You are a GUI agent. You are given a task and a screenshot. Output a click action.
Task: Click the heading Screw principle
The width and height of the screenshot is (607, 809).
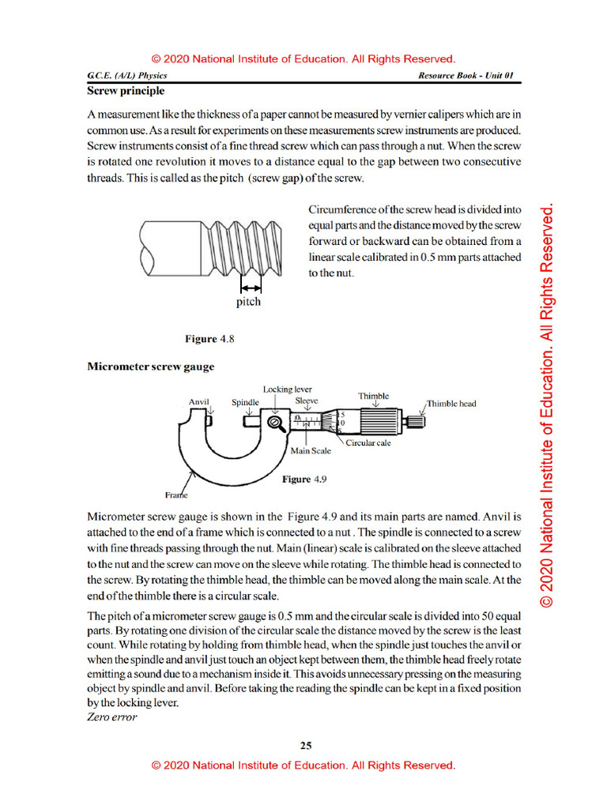(126, 91)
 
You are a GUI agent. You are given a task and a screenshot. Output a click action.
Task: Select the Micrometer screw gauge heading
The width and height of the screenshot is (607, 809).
(150, 367)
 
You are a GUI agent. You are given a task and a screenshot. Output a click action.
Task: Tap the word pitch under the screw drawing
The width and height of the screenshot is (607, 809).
(248, 302)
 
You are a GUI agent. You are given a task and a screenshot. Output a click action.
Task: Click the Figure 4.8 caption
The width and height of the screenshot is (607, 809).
(210, 339)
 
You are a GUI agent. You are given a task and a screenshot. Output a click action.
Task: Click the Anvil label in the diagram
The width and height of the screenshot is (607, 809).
(198, 401)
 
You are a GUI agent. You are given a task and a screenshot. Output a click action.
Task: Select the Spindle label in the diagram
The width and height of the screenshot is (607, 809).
(245, 401)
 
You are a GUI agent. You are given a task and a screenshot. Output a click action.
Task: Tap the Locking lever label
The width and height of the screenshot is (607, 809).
(288, 389)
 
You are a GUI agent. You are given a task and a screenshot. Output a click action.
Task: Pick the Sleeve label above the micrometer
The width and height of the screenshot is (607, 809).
(307, 401)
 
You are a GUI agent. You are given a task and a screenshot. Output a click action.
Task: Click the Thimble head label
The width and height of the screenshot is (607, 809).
(451, 404)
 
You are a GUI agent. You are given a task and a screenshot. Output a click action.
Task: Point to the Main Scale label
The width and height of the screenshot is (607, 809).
(311, 451)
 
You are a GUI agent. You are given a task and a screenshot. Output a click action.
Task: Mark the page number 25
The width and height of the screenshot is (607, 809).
(306, 745)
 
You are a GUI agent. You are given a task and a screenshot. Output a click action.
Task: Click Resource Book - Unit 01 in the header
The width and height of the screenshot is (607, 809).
(468, 76)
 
